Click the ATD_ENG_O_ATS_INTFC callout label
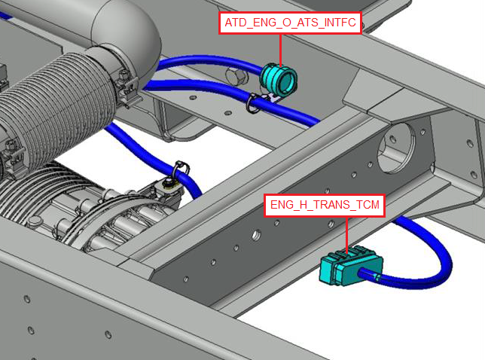[x=290, y=23]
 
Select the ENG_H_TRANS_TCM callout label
[x=325, y=205]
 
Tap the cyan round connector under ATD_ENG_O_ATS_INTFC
[x=279, y=79]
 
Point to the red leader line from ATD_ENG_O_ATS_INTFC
[x=281, y=50]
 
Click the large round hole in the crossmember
[x=397, y=148]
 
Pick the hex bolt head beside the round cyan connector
[x=236, y=76]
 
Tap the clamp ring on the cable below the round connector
[x=253, y=104]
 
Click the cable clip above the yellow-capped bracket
[x=181, y=169]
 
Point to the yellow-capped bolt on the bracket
[x=169, y=183]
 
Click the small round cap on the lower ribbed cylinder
[x=35, y=221]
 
